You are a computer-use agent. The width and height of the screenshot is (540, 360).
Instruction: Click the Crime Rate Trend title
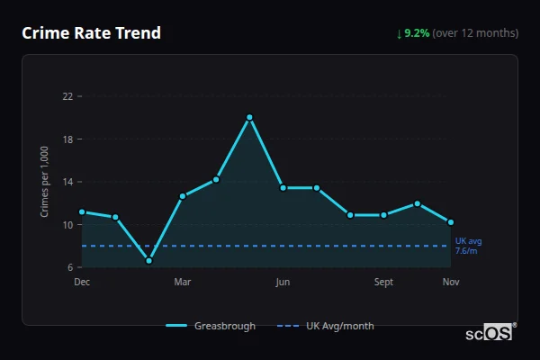92,33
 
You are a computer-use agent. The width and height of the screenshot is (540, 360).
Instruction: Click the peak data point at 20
249,117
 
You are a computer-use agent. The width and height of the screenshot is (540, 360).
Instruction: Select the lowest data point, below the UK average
148,261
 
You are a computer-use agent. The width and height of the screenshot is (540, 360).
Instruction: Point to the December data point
82,211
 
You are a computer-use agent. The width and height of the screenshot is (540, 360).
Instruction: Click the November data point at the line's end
451,222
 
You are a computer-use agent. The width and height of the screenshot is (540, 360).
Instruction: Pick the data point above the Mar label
183,195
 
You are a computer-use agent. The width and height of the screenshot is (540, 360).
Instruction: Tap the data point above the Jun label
283,187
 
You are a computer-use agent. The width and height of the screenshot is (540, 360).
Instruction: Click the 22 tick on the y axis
67,95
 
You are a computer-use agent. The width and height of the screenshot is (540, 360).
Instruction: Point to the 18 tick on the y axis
67,139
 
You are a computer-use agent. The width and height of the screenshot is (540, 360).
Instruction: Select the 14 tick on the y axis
67,182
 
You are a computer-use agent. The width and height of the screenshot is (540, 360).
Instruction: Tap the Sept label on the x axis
383,283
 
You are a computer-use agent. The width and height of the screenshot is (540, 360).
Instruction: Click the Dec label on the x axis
82,283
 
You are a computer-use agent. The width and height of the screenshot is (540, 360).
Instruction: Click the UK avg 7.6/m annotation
468,246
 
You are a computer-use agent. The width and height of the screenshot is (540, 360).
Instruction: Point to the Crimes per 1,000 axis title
44,181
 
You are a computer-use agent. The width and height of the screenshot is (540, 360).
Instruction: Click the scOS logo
490,333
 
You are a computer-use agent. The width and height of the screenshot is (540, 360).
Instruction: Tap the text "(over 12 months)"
475,33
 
